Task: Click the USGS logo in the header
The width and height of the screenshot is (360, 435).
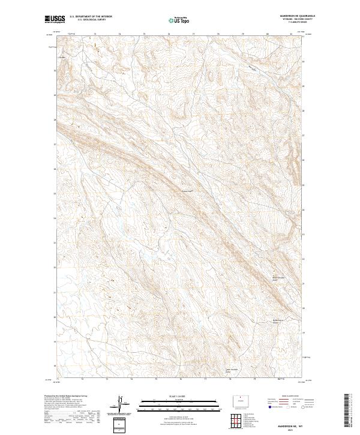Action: [55, 19]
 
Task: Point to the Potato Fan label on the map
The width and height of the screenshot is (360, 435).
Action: [188, 192]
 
